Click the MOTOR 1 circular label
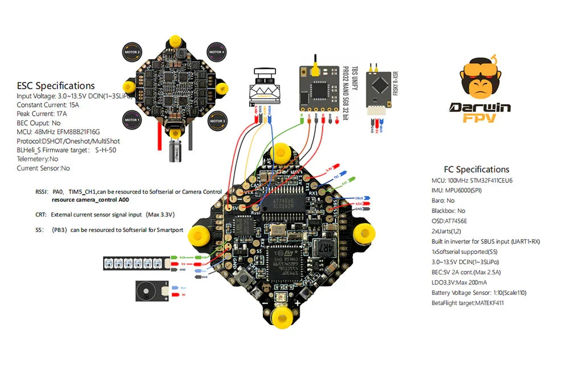(x=132, y=120)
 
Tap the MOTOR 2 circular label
(x=132, y=51)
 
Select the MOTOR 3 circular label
(x=217, y=120)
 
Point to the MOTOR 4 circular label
(x=217, y=51)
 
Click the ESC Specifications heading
(x=56, y=86)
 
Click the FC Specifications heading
(x=476, y=169)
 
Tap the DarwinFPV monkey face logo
(x=480, y=80)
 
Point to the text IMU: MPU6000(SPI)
(x=457, y=190)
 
